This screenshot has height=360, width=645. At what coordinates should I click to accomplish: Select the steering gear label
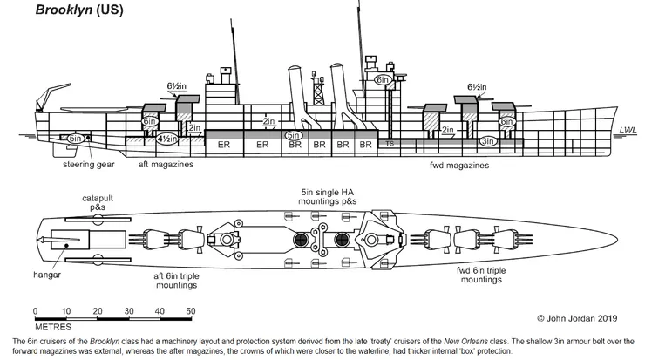point(90,164)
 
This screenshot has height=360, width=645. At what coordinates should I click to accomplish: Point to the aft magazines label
point(166,164)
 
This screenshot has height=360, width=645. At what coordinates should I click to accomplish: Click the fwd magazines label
point(459,164)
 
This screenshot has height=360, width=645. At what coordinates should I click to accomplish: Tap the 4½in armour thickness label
point(167,139)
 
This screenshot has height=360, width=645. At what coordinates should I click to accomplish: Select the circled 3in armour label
point(487,139)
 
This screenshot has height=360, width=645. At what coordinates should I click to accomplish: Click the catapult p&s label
point(98,204)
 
